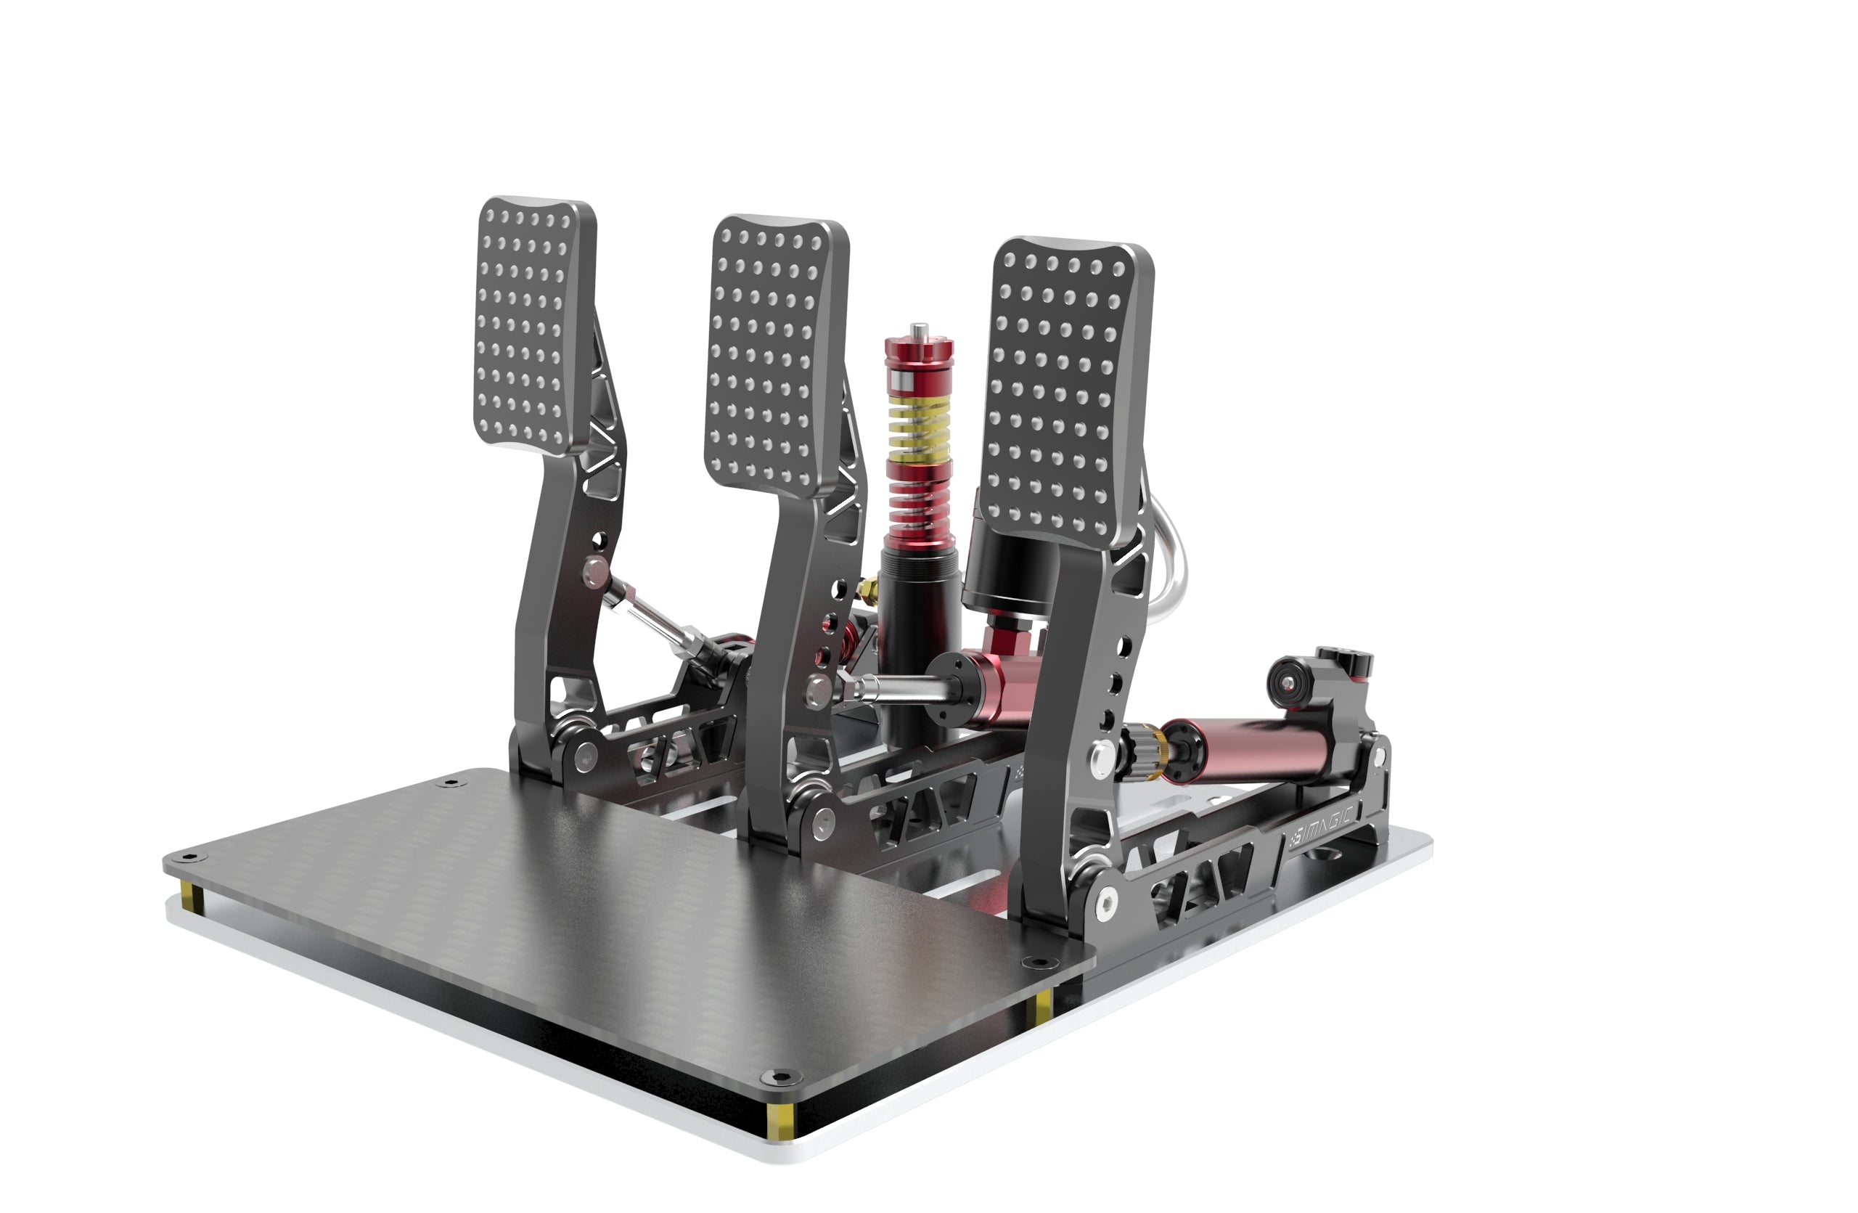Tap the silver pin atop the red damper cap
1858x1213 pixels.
[920, 330]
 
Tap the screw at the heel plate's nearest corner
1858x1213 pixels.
[774, 1078]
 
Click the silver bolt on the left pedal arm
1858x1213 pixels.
[596, 572]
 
